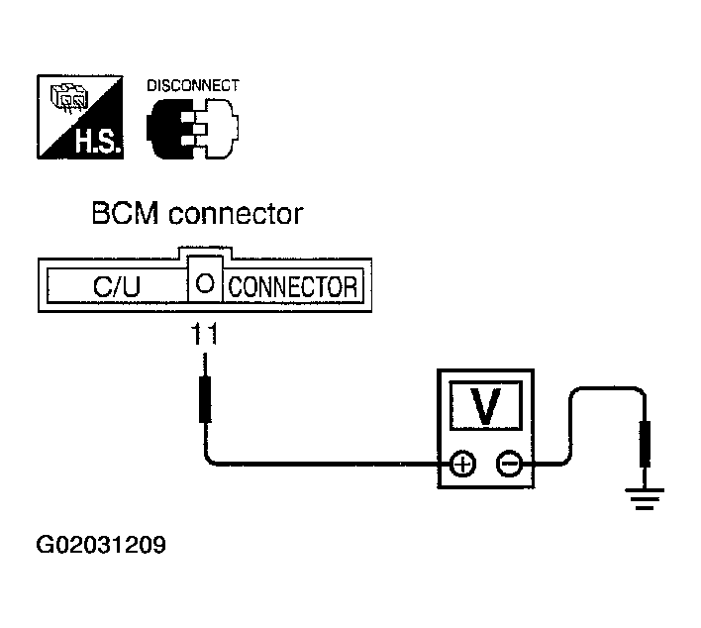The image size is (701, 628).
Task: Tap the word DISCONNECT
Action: [194, 86]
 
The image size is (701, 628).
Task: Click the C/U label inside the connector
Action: [116, 287]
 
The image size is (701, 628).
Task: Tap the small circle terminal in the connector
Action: [203, 283]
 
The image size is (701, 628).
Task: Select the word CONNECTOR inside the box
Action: [292, 287]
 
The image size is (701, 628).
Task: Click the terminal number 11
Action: [203, 336]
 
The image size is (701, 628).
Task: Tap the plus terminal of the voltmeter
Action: [461, 463]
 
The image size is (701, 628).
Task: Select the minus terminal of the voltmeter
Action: [509, 463]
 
